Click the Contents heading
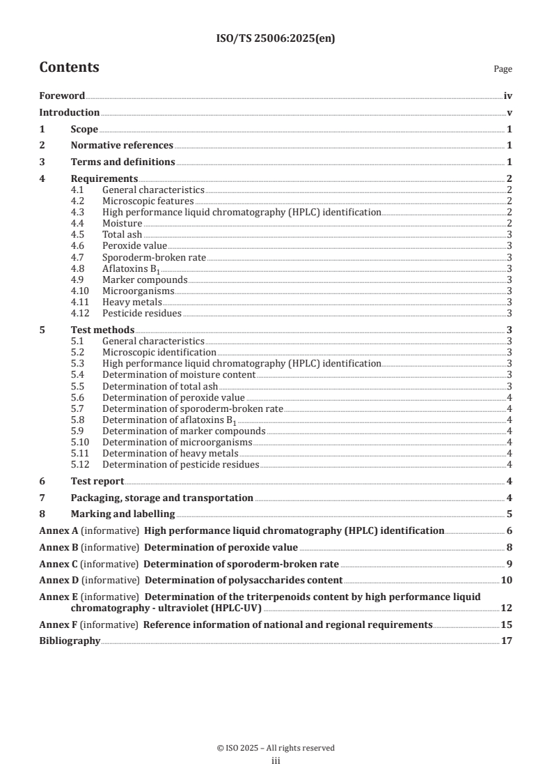point(69,68)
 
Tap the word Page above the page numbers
point(503,69)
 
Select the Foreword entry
point(62,96)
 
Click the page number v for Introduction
point(510,113)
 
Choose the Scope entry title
point(84,129)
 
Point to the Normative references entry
point(122,146)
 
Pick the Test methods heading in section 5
point(102,330)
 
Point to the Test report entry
point(97,481)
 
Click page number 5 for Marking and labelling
point(510,514)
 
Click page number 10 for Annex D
point(507,580)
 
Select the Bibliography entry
point(70,641)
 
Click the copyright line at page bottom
point(276,748)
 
